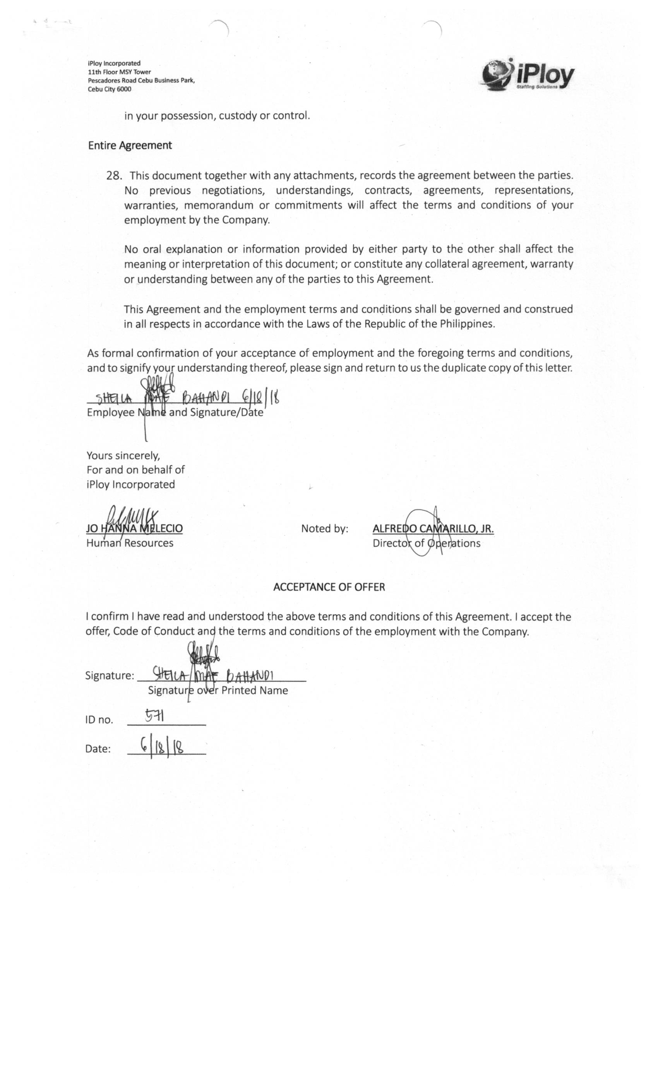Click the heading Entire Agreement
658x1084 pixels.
(130, 146)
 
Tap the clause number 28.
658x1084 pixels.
(113, 175)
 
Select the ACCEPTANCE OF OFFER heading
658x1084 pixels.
(329, 587)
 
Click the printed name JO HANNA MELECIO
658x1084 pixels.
(134, 528)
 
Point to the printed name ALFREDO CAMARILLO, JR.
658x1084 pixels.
(433, 528)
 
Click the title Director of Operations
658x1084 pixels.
(426, 543)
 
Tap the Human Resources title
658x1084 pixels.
(130, 543)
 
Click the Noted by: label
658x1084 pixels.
(325, 529)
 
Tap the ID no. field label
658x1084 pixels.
(99, 720)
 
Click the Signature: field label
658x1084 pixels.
(110, 675)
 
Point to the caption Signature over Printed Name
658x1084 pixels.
(218, 690)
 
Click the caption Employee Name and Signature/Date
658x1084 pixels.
(175, 413)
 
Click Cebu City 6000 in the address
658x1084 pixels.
(110, 89)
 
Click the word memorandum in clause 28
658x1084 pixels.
(219, 205)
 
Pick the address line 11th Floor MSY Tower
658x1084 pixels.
(119, 72)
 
